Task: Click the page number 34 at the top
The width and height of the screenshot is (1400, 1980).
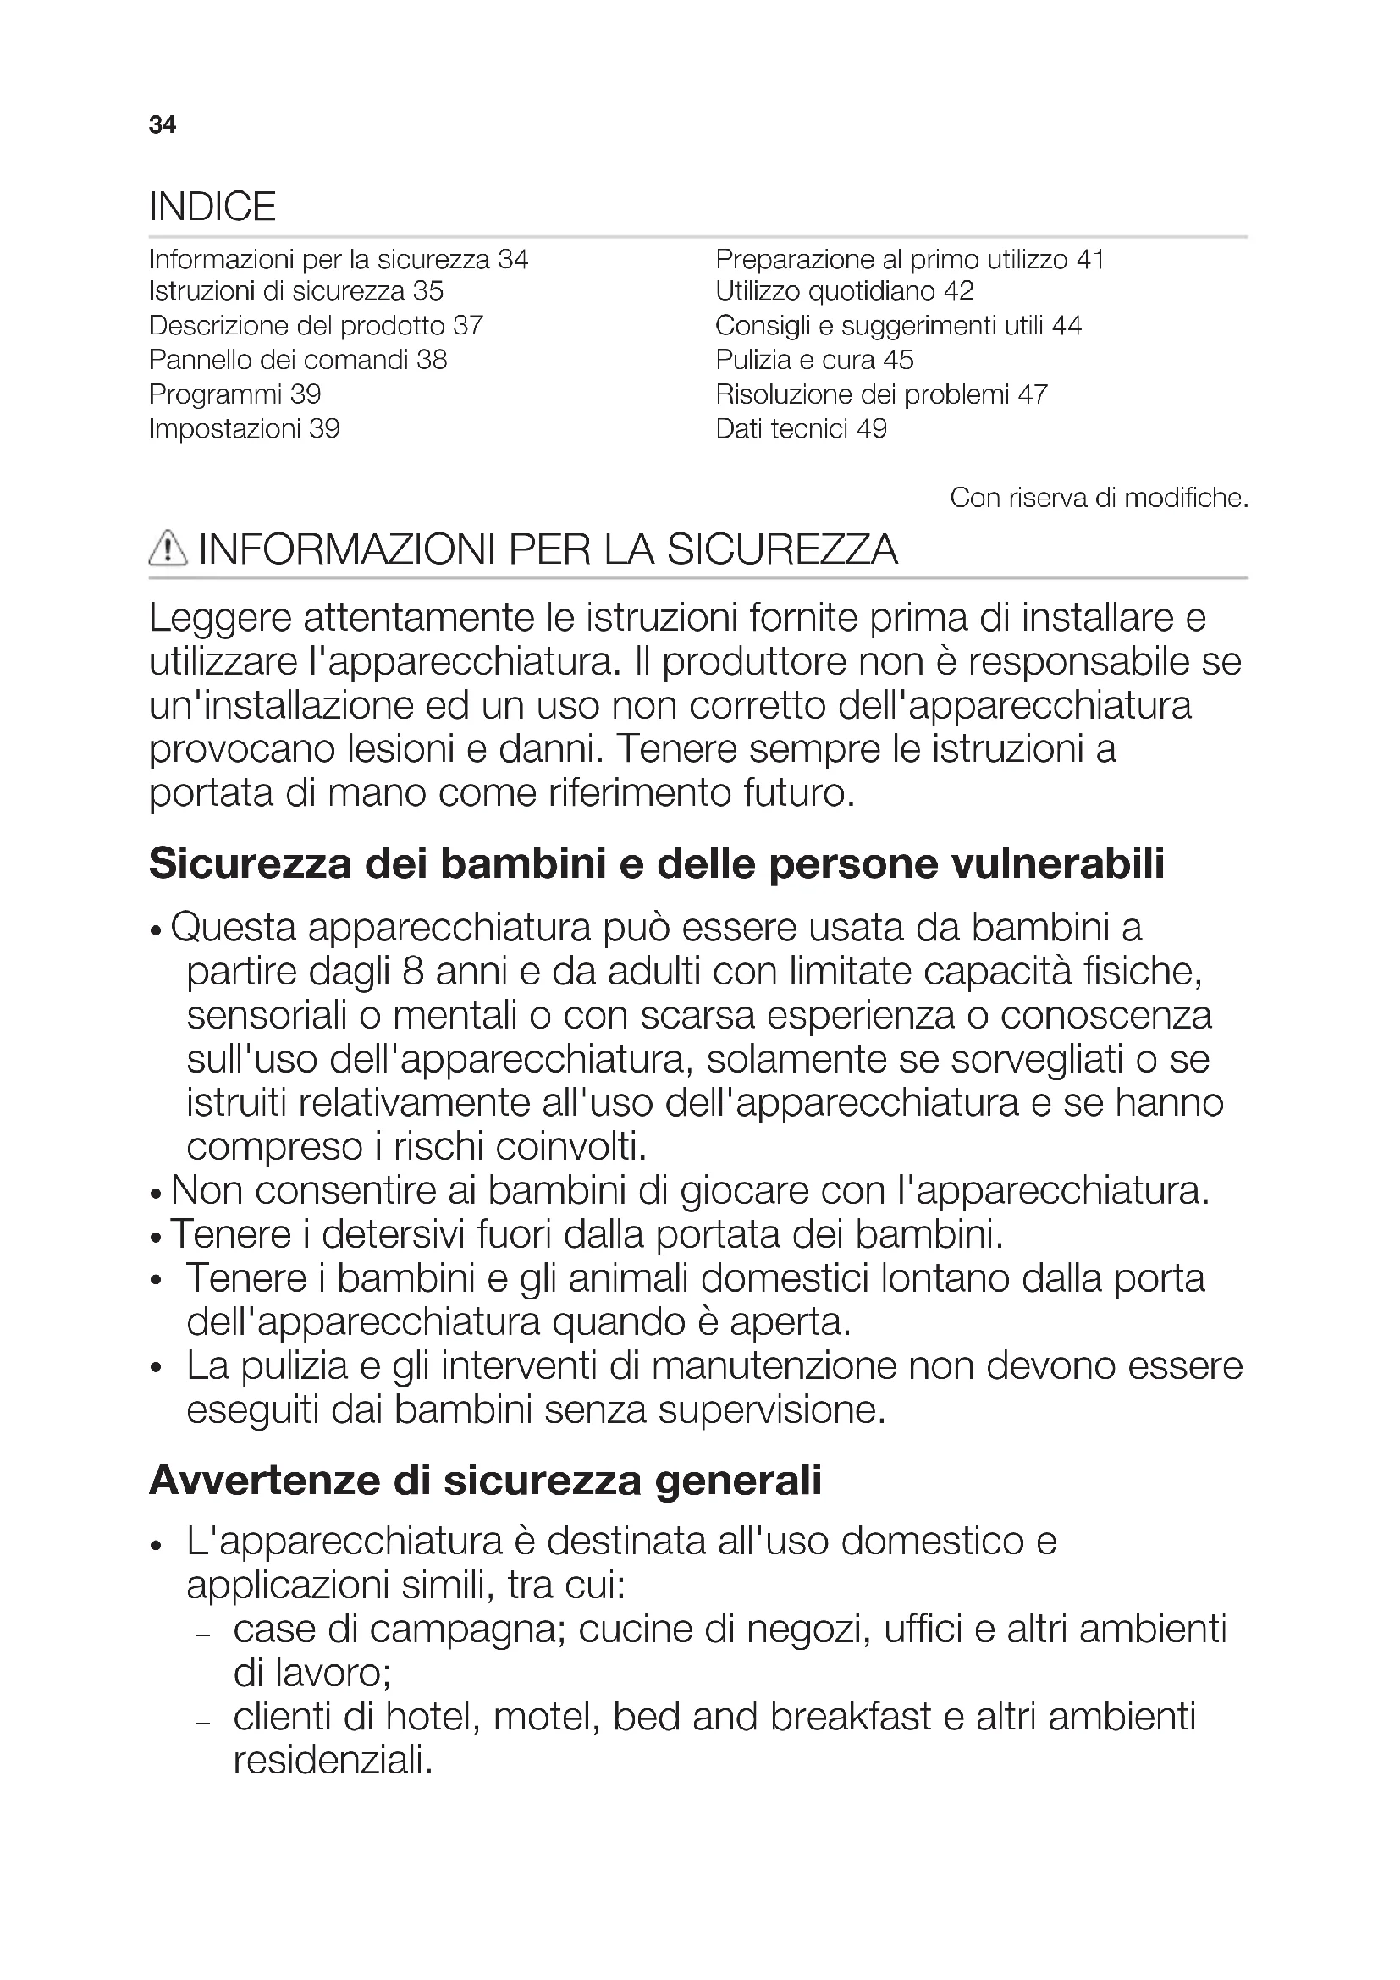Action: coord(162,125)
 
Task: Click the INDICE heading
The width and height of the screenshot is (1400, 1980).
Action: coord(212,207)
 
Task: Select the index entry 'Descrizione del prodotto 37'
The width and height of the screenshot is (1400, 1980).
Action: coord(316,326)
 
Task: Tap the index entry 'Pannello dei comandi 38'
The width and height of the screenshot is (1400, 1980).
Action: coord(297,360)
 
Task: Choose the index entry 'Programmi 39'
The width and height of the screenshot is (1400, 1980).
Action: coord(234,394)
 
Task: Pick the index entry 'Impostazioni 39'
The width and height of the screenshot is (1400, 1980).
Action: coord(244,428)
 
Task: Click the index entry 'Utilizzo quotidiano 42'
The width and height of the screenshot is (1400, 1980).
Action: coord(844,291)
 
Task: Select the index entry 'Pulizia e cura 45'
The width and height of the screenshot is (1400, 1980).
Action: coord(813,360)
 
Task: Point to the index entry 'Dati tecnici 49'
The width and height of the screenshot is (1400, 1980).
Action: coord(801,428)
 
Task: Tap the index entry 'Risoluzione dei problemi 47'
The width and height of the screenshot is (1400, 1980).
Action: coord(881,394)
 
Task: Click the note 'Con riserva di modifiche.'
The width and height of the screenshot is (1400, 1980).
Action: coord(1099,498)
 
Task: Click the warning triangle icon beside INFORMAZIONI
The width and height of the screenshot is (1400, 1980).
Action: coord(168,549)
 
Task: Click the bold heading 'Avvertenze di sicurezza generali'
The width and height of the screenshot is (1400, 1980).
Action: coord(484,1481)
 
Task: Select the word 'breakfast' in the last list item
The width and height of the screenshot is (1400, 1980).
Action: coord(850,1717)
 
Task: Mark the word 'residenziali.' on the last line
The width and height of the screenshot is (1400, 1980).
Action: coord(333,1760)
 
